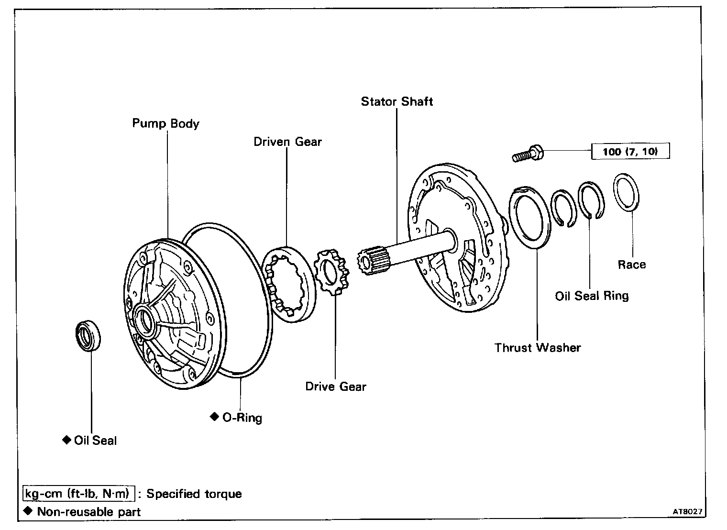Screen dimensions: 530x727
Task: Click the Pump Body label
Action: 165,123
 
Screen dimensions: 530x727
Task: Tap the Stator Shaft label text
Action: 397,101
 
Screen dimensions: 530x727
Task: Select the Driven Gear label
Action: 287,142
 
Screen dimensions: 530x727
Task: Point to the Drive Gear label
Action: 336,386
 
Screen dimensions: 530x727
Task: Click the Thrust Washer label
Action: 538,348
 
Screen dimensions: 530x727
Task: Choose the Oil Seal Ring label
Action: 592,296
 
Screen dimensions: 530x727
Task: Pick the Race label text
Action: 631,265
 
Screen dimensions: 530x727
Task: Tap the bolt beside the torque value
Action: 527,154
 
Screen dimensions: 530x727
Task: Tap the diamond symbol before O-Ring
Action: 214,417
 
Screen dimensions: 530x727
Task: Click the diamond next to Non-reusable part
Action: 28,511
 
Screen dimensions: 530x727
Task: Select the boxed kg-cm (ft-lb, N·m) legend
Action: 78,494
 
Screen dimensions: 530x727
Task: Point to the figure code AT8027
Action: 687,512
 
